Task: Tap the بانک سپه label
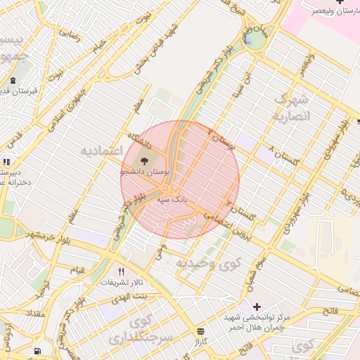pos(173,200)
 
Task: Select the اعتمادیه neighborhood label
pos(102,151)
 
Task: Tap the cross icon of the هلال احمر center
pos(257,307)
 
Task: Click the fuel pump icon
pos(37,350)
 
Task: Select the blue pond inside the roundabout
pos(250,39)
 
